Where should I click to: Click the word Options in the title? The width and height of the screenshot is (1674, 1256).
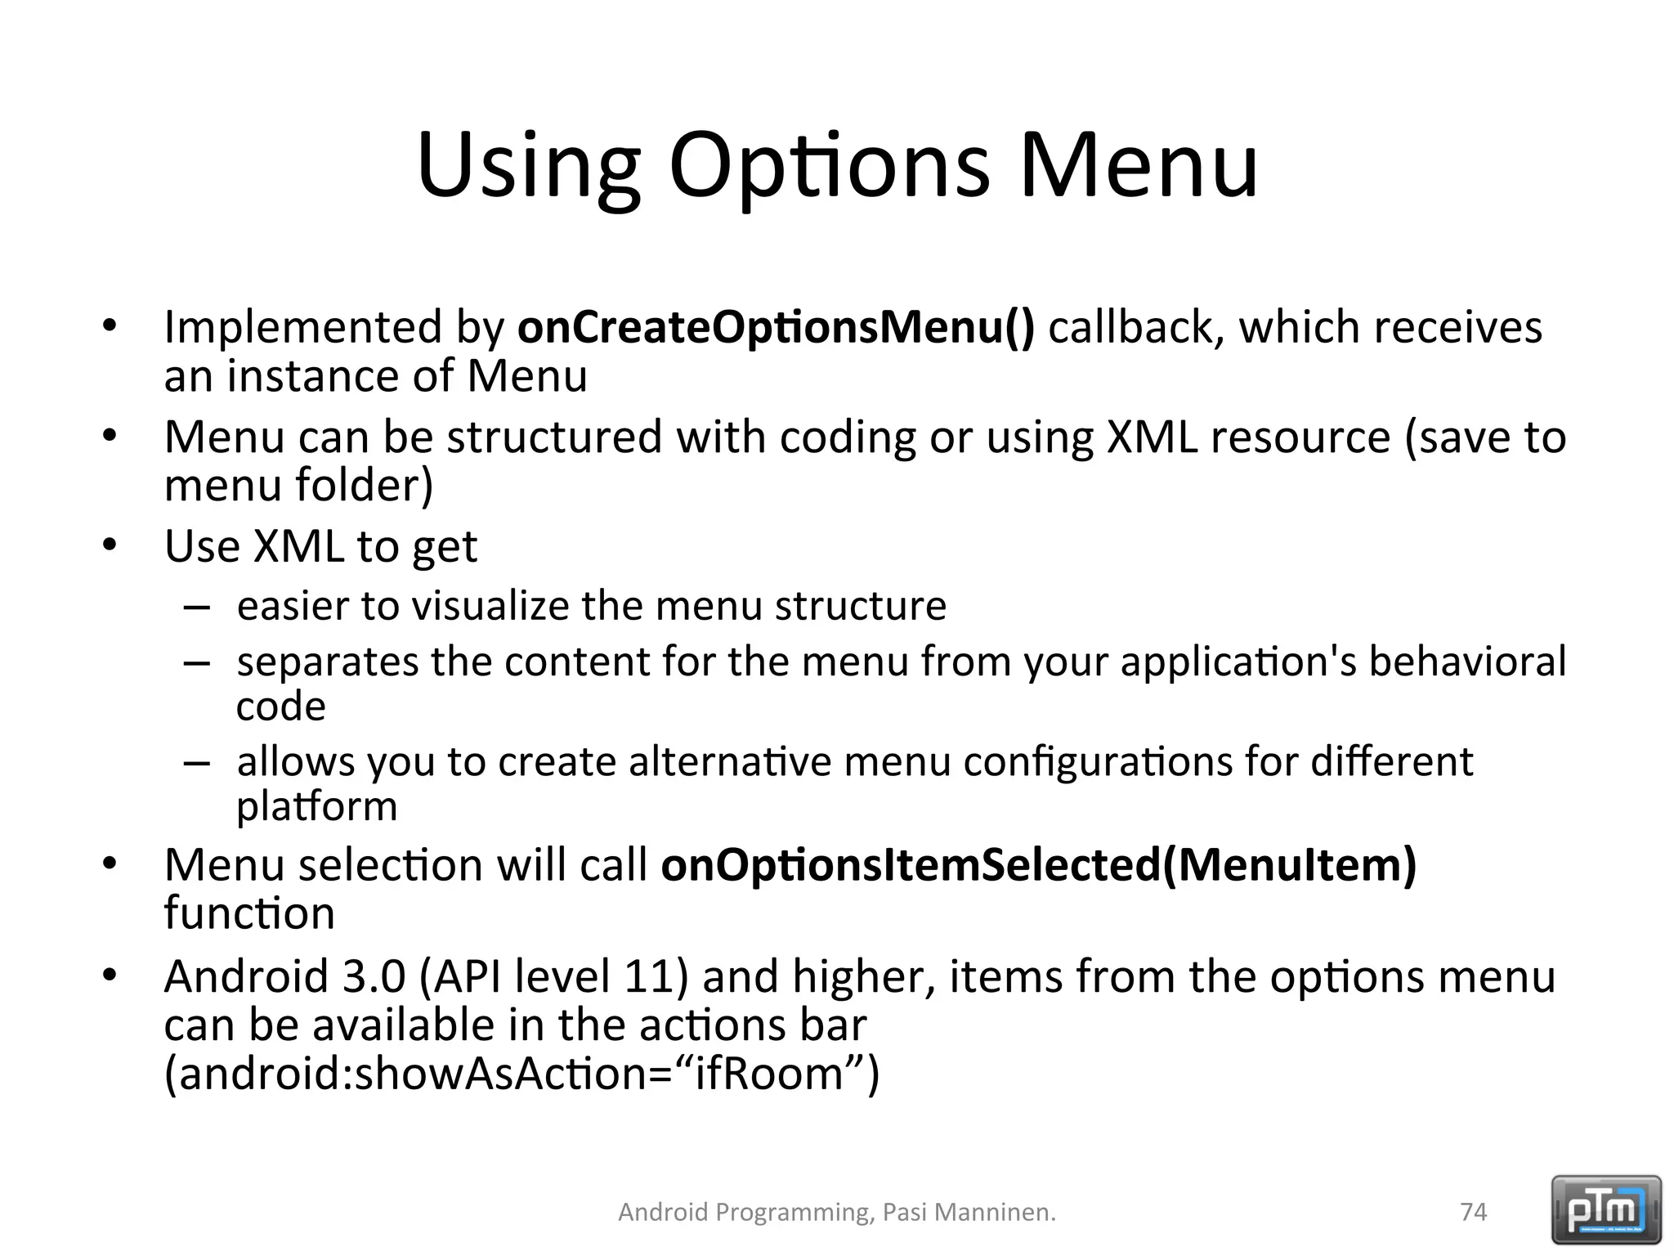click(829, 168)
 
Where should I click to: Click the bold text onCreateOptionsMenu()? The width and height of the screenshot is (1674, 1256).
click(776, 327)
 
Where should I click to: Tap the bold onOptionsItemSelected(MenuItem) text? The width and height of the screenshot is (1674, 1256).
click(1038, 865)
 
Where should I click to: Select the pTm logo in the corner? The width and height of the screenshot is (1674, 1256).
click(1605, 1210)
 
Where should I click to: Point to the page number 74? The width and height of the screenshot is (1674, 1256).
click(1473, 1212)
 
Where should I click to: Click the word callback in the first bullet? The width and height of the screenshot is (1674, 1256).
click(1135, 327)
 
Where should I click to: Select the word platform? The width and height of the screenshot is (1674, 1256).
click(317, 807)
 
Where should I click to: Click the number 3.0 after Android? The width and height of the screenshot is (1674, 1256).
click(373, 976)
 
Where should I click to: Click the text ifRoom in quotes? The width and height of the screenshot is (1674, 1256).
click(769, 1074)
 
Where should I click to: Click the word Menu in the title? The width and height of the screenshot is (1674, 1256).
click(1139, 168)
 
